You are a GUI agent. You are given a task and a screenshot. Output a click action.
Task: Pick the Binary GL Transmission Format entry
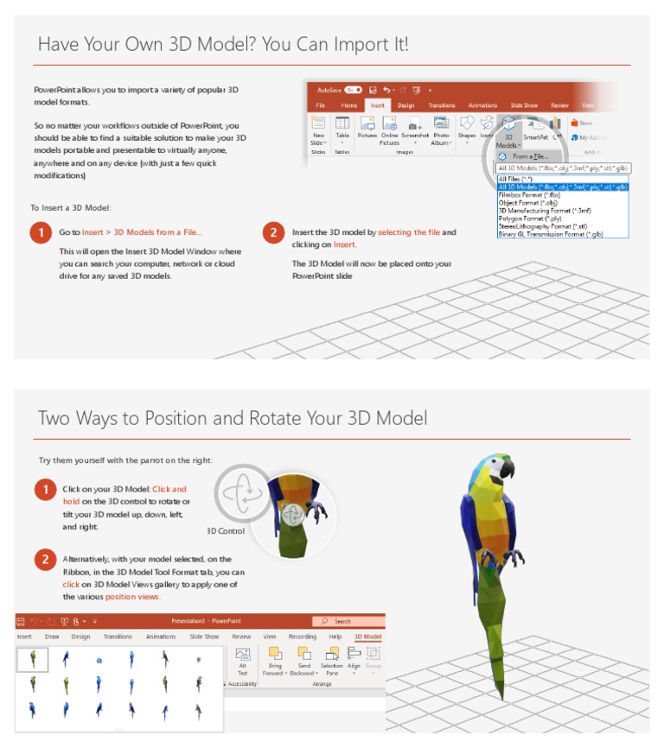(550, 234)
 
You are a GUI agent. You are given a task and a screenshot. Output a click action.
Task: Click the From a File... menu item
(530, 156)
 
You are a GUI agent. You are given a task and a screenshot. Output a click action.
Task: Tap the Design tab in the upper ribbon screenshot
(405, 105)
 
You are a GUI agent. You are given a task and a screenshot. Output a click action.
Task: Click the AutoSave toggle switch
(353, 90)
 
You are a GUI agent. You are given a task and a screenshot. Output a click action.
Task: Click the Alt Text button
(243, 661)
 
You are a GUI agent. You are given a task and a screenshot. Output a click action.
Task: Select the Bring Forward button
(275, 661)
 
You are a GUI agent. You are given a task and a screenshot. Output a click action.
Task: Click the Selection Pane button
(332, 661)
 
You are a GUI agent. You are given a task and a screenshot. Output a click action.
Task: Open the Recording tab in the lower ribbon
(303, 637)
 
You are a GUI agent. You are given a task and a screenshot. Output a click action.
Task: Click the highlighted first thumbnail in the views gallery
(33, 660)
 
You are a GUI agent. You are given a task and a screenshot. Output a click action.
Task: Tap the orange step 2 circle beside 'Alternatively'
(46, 559)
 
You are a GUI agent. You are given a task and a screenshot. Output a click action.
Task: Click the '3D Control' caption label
(226, 531)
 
